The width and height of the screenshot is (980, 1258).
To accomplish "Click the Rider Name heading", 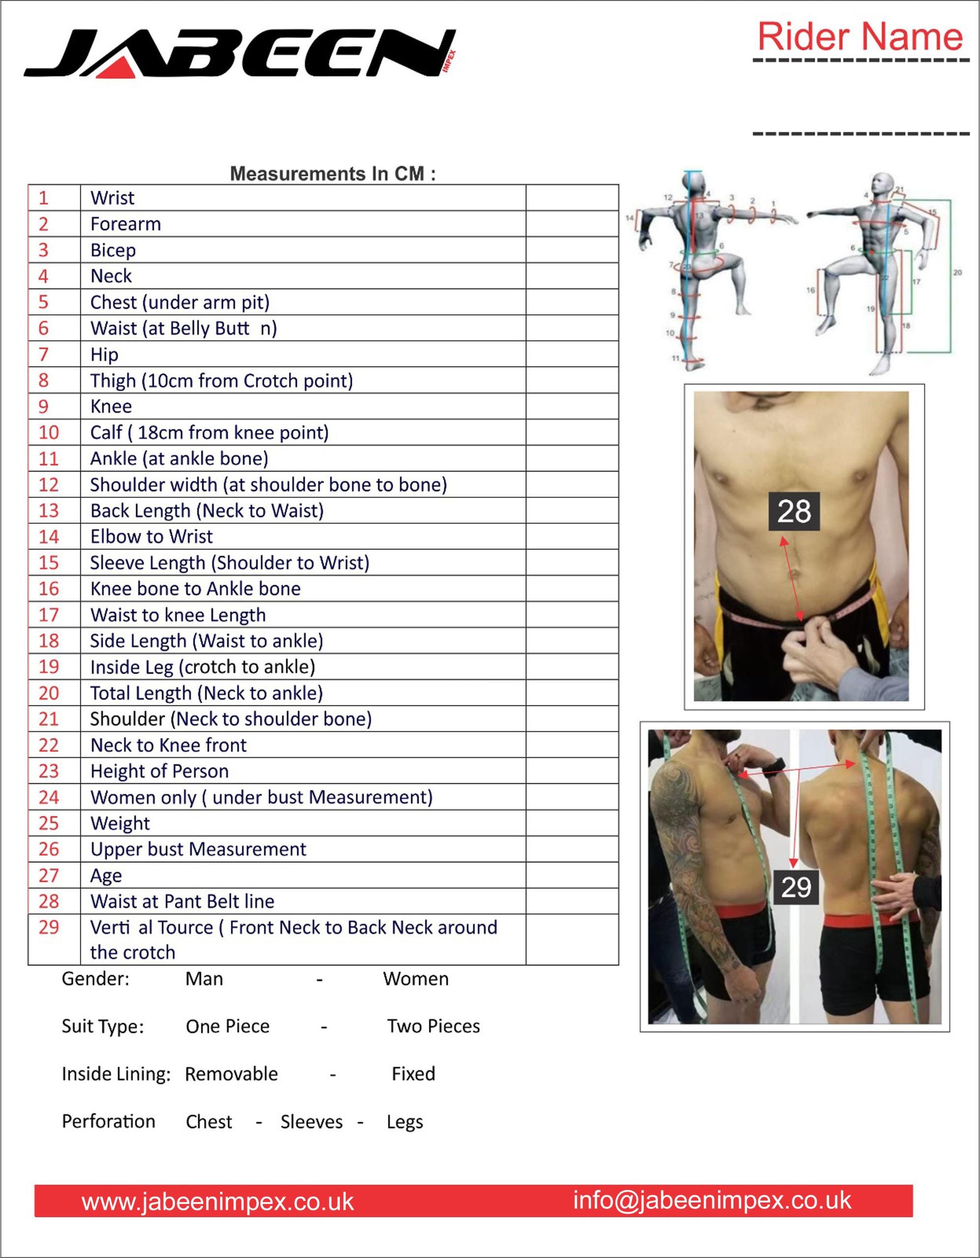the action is pyautogui.click(x=860, y=36).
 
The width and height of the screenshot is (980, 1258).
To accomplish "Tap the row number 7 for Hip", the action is pyautogui.click(x=44, y=354).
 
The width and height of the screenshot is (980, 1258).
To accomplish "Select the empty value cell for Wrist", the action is pyautogui.click(x=572, y=198).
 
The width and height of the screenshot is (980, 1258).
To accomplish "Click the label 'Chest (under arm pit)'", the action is pyautogui.click(x=180, y=302).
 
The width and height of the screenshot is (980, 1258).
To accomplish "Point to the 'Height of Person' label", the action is pyautogui.click(x=160, y=772).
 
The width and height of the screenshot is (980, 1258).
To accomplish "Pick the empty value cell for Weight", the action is pyautogui.click(x=572, y=823).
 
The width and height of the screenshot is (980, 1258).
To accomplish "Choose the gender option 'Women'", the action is pyautogui.click(x=416, y=979).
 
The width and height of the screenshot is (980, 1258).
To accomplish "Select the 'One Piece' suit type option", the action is pyautogui.click(x=227, y=1027).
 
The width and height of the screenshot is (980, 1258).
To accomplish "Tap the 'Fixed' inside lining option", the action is pyautogui.click(x=414, y=1074).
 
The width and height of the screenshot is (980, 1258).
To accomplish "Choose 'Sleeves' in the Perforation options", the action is pyautogui.click(x=311, y=1122).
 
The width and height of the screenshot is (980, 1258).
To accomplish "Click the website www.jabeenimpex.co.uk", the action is pyautogui.click(x=218, y=1202).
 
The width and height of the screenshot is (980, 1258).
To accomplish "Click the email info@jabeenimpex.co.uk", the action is pyautogui.click(x=712, y=1201).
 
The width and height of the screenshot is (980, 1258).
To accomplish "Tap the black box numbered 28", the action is pyautogui.click(x=794, y=511).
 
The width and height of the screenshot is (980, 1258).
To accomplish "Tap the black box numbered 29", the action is pyautogui.click(x=796, y=886).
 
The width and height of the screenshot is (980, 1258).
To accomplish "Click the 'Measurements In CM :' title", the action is pyautogui.click(x=333, y=173).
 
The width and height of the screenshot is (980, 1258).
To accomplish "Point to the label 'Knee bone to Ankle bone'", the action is pyautogui.click(x=195, y=589).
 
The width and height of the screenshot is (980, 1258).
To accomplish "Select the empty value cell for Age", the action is pyautogui.click(x=572, y=875).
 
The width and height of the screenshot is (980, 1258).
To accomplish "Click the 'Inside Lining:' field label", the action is pyautogui.click(x=116, y=1074).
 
